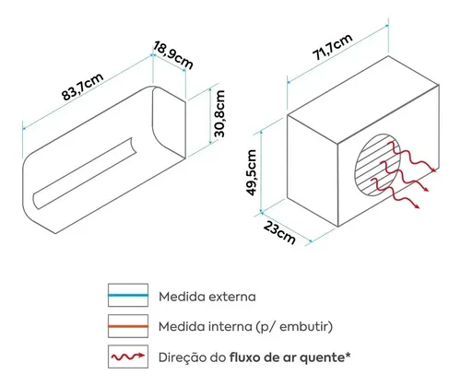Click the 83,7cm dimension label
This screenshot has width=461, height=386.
click(83, 87)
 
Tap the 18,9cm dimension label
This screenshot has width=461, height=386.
click(173, 55)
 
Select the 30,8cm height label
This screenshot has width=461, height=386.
click(219, 113)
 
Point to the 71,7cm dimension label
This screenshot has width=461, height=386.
click(332, 47)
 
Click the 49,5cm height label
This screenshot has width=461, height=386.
click(252, 172)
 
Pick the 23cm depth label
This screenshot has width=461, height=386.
click(279, 233)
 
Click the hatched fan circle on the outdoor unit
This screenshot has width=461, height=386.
click(378, 165)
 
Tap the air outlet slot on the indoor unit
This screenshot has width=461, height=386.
click(84, 174)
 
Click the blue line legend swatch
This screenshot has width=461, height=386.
click(128, 295)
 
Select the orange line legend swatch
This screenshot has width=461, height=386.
click(128, 326)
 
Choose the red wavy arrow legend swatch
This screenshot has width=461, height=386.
click(128, 357)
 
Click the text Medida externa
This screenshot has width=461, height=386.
click(207, 297)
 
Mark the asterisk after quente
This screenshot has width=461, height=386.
click(348, 355)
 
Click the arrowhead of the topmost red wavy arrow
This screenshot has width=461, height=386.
click(434, 170)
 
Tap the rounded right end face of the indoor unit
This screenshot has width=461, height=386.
click(170, 123)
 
